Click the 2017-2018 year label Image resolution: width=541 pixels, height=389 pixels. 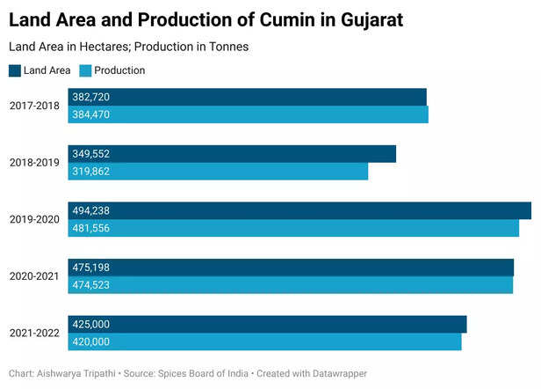click(34, 106)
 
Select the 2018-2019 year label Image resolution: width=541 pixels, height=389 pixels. click(34, 163)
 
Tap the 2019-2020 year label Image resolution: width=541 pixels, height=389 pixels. click(34, 219)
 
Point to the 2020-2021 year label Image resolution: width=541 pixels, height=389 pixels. click(34, 276)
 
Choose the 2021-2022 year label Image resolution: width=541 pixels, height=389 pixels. click(34, 333)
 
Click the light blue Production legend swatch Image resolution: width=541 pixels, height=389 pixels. click(86, 70)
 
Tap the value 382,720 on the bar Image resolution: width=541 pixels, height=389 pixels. click(91, 97)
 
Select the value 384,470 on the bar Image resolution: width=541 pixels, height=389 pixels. click(91, 114)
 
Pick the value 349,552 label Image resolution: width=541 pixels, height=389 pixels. click(91, 154)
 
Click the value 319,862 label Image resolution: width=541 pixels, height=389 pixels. click(91, 172)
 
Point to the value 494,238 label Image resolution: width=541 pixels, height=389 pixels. click(91, 210)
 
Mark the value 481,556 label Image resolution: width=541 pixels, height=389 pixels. click(91, 228)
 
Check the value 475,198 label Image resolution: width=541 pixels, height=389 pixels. click(91, 268)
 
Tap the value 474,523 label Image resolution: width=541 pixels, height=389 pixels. click(91, 285)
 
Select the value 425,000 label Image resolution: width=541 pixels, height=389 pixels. click(91, 324)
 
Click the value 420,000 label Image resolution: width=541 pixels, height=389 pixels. click(91, 341)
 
